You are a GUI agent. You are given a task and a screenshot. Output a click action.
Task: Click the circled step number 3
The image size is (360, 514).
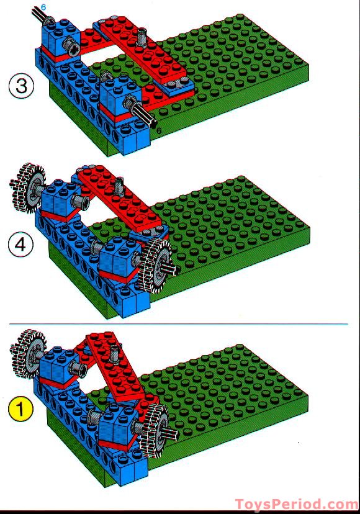[22, 86]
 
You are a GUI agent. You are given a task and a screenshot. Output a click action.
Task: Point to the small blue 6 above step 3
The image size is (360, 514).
[43, 6]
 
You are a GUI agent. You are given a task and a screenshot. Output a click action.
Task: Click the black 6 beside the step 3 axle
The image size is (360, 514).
[159, 130]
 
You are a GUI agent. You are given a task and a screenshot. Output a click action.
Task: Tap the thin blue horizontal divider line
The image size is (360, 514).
[186, 323]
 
